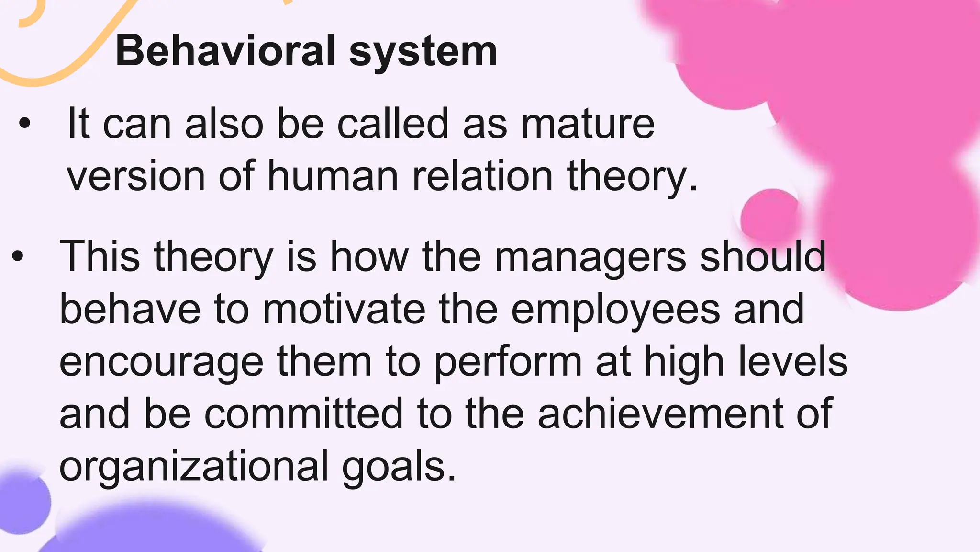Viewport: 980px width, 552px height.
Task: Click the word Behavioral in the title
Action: point(225,51)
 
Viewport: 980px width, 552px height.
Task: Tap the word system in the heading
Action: point(423,53)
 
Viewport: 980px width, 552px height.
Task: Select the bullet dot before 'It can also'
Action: point(24,124)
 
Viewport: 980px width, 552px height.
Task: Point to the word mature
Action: point(588,124)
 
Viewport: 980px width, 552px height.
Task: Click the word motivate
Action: point(344,309)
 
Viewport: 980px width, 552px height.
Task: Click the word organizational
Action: point(194,466)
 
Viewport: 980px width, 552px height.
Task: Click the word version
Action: point(136,176)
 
